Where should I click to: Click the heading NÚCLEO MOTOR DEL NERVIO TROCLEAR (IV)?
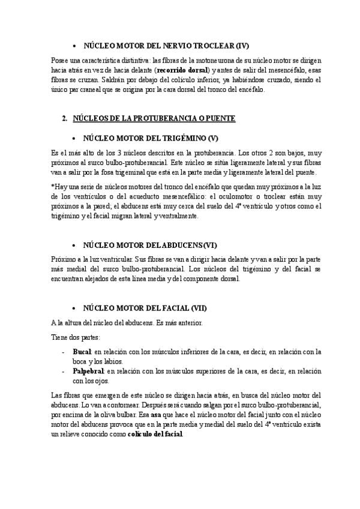pos(165,45)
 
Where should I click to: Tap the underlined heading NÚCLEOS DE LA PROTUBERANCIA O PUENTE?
pos(154,118)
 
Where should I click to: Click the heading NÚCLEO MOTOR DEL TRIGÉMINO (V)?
pos(154,137)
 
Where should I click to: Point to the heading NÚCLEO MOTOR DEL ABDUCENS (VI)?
pos(150,245)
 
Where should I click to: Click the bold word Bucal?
pos(81,352)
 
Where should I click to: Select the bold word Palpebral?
pos(88,372)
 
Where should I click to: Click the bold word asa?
pos(156,414)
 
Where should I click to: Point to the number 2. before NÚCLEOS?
pos(64,118)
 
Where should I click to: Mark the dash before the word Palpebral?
pos(63,372)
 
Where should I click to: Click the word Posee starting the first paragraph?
pos(60,60)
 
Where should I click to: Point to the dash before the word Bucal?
pos(63,352)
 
